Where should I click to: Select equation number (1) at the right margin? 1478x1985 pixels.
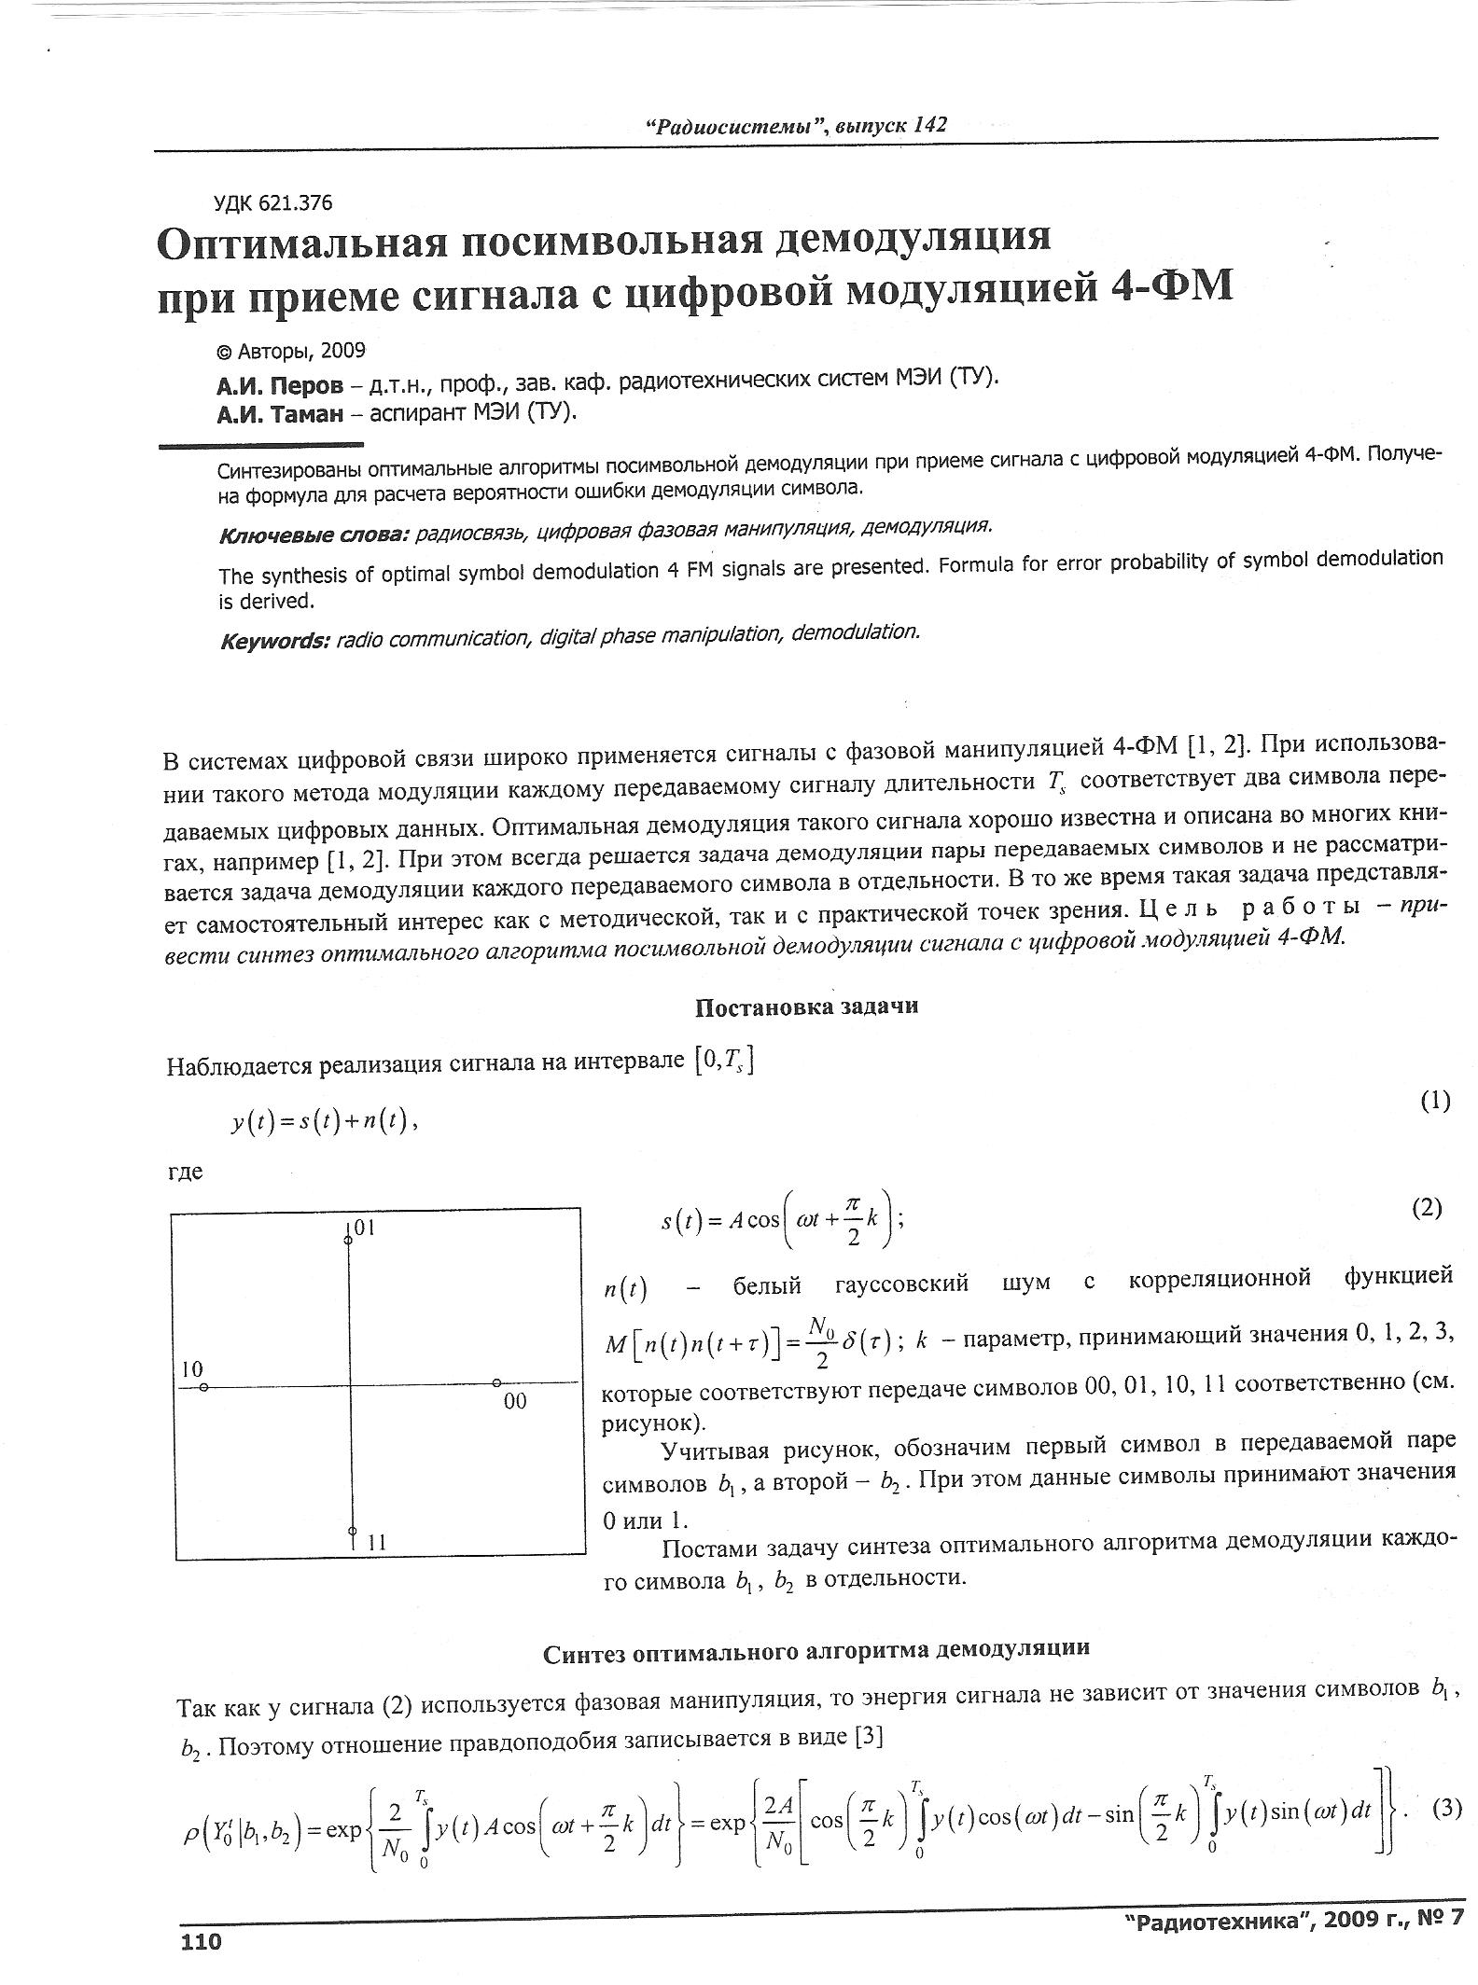tap(1435, 1101)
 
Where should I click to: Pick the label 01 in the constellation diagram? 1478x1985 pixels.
tap(364, 1228)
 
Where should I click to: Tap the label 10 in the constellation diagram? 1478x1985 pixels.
tap(191, 1369)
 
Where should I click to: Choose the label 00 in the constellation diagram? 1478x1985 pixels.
tap(515, 1400)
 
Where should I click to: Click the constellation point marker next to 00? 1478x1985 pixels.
tap(496, 1381)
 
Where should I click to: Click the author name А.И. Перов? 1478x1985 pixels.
tap(279, 384)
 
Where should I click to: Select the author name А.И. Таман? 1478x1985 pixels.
tap(280, 413)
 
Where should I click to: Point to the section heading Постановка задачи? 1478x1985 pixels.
tap(806, 1006)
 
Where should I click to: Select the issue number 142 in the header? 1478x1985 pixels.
tap(930, 125)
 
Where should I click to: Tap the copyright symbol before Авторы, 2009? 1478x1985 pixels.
tap(224, 352)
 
